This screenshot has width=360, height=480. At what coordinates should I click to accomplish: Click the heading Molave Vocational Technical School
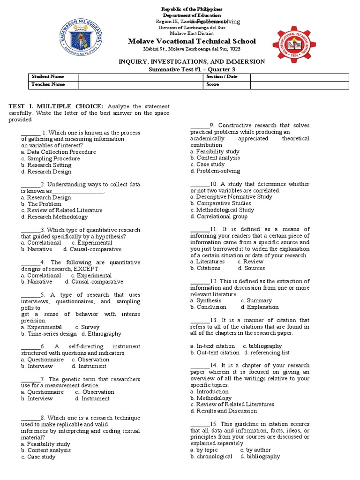click(192, 41)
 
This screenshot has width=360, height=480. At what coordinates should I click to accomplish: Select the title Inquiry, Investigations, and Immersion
click(192, 61)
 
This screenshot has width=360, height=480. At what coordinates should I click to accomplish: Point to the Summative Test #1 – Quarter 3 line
click(192, 69)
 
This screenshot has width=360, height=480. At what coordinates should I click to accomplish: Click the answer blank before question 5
click(30, 295)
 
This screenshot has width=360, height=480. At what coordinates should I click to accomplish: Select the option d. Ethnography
click(101, 334)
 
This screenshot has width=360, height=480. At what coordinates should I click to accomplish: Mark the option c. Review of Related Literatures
click(232, 404)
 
